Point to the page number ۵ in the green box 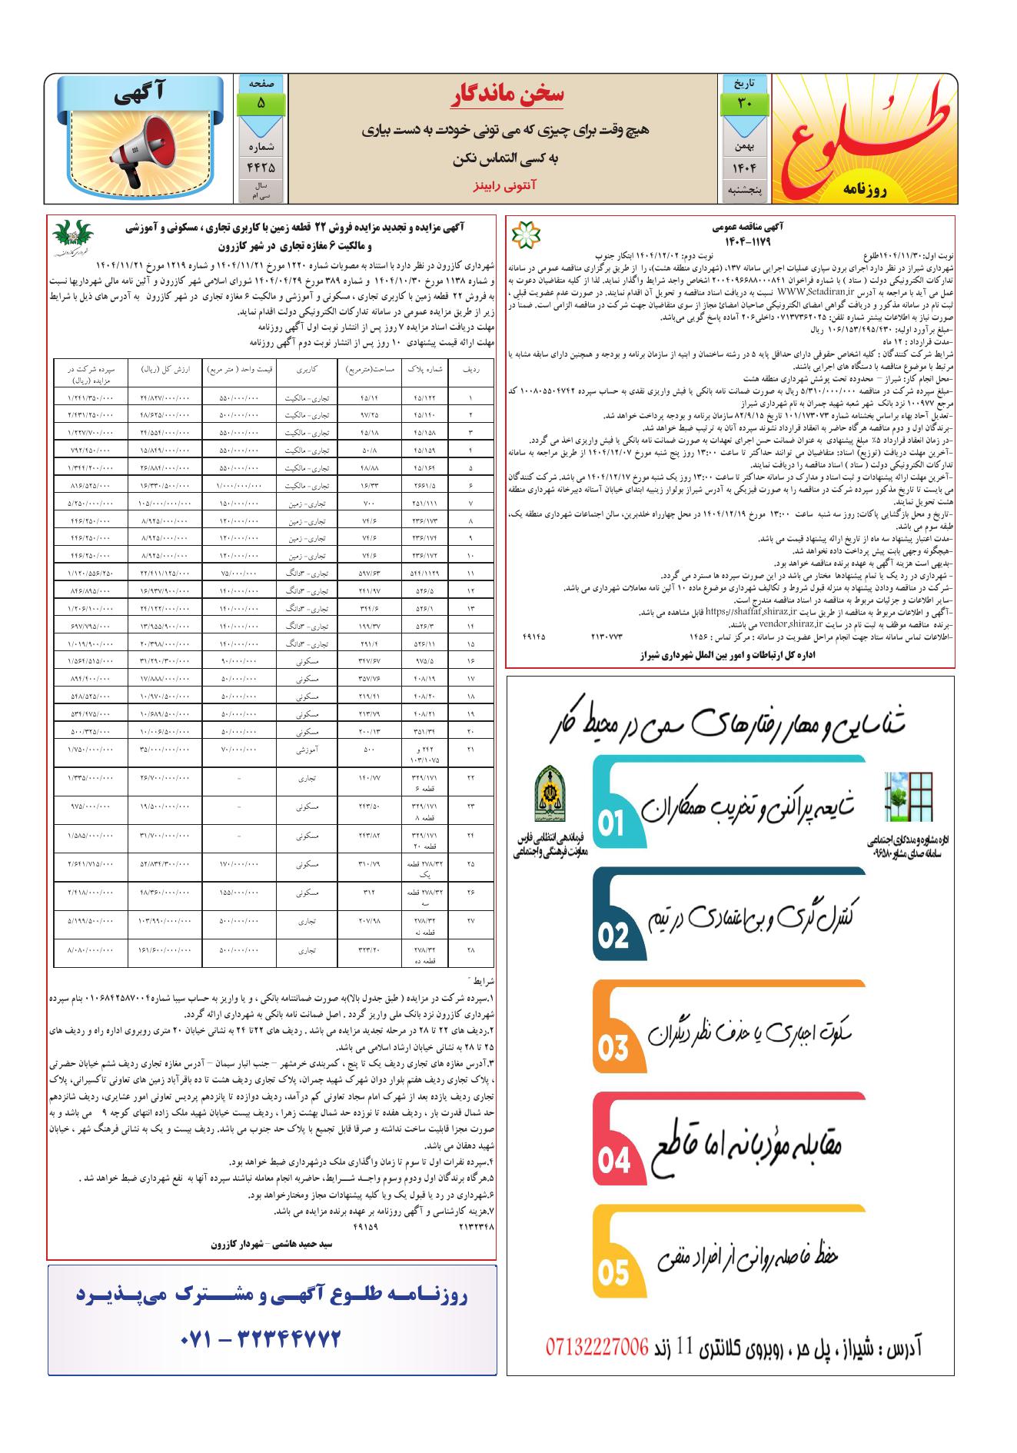261,103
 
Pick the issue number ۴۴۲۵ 261,166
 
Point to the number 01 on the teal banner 612,824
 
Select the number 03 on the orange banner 613,1049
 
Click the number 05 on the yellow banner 613,1273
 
